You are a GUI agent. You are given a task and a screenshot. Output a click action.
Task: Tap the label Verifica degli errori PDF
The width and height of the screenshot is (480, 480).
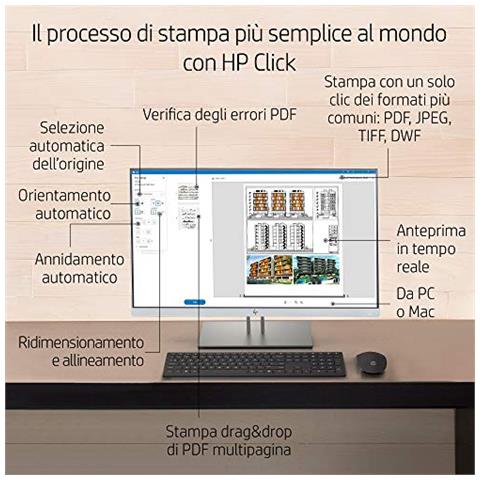(218, 113)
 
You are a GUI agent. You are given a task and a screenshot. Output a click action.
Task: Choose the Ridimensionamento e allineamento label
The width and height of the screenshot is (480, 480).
(81, 349)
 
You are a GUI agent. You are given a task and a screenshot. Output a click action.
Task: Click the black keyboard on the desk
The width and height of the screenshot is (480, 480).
(253, 365)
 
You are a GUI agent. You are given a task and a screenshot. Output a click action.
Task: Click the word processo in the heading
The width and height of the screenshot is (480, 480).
(94, 33)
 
